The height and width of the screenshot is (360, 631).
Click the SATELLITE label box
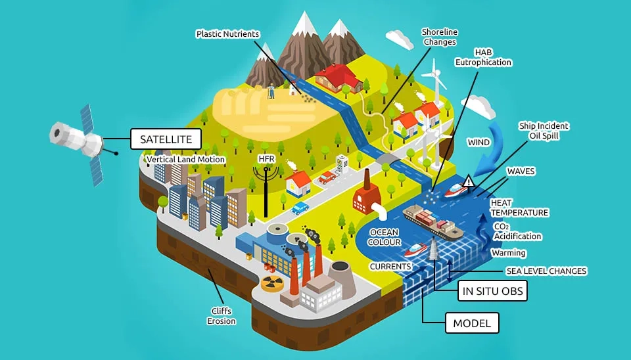tap(165, 139)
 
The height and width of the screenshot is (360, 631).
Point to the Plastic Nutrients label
tap(227, 34)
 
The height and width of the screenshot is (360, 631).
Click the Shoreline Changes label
tap(440, 37)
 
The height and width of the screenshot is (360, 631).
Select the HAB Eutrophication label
tap(483, 57)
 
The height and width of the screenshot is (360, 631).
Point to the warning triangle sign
tap(468, 181)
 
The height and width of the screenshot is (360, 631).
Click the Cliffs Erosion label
tap(221, 316)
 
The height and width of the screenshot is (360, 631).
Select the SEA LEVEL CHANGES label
tap(546, 271)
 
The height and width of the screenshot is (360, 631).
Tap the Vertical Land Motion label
tap(186, 160)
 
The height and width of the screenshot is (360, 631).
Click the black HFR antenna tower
tap(266, 191)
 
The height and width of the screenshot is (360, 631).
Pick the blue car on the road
tap(300, 208)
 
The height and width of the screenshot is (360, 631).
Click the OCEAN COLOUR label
tap(385, 237)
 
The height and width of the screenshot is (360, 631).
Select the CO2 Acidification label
tap(517, 231)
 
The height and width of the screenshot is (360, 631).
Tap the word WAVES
tap(521, 171)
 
